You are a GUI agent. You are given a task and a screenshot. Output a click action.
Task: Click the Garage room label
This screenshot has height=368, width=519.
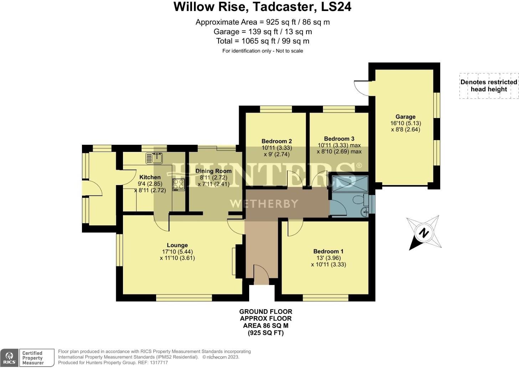coord(405,117)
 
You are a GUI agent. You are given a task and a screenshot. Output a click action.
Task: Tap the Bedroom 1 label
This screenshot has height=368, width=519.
coord(328,251)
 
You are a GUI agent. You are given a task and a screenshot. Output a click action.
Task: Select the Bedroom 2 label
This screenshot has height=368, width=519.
coord(277,141)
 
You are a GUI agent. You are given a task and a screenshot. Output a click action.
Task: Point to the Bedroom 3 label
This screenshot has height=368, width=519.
coord(339,139)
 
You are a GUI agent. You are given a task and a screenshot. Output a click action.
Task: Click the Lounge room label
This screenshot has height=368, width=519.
coord(177,245)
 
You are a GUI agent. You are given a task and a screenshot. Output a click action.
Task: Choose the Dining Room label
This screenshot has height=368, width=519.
coord(214,171)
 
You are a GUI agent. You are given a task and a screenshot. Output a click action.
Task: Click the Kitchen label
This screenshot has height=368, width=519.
coord(150,177)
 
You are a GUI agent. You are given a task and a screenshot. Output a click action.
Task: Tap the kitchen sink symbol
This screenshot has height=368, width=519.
coord(154,158)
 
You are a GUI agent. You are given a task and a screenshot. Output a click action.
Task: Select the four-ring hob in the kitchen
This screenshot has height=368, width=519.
coord(179,184)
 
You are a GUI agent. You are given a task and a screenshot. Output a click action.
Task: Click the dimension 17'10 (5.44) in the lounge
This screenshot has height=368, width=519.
coord(177,252)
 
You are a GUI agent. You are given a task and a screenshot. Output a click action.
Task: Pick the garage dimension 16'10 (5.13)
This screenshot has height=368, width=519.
coord(405,123)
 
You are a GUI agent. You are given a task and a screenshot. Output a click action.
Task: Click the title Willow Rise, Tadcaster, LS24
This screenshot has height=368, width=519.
coord(262,7)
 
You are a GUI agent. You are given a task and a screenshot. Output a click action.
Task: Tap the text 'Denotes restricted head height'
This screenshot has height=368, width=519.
coord(488,86)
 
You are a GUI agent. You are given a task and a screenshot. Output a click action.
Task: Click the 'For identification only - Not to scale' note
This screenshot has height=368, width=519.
coord(262,51)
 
